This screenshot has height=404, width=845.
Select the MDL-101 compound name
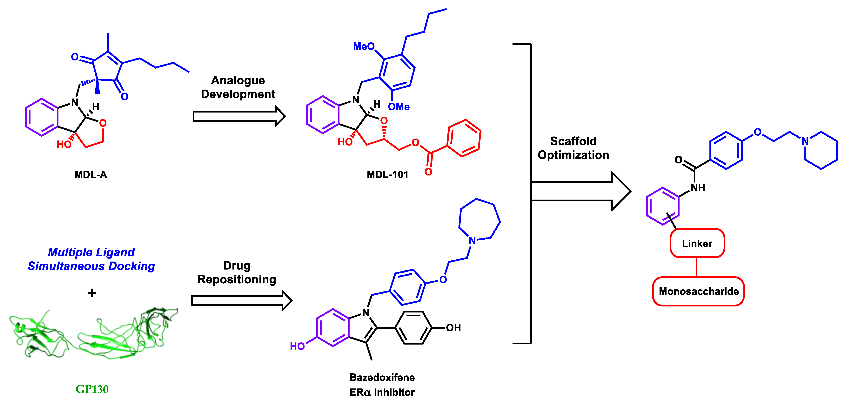pos(387,174)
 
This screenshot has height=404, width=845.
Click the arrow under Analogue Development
pos(239,116)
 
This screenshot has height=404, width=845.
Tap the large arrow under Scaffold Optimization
pos(581,191)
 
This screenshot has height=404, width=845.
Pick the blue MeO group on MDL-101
pos(363,46)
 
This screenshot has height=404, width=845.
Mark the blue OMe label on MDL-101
pos(399,107)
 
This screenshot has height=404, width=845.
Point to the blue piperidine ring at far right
pos(821,151)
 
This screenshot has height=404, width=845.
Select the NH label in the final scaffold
pos(698,188)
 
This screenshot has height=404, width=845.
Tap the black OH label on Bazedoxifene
pos(453,327)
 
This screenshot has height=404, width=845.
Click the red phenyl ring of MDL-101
pos(464,138)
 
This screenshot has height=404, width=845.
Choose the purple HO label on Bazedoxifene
pos(297,346)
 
